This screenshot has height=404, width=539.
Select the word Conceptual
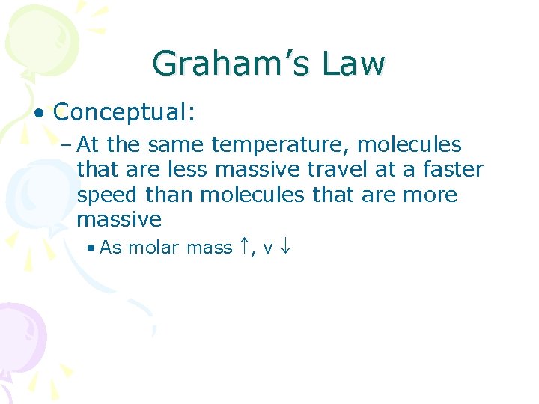tap(124, 112)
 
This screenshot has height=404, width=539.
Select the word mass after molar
tap(209, 248)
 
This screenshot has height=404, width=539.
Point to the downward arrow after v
tap(285, 247)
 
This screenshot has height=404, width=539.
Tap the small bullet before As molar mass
tap(90, 248)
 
